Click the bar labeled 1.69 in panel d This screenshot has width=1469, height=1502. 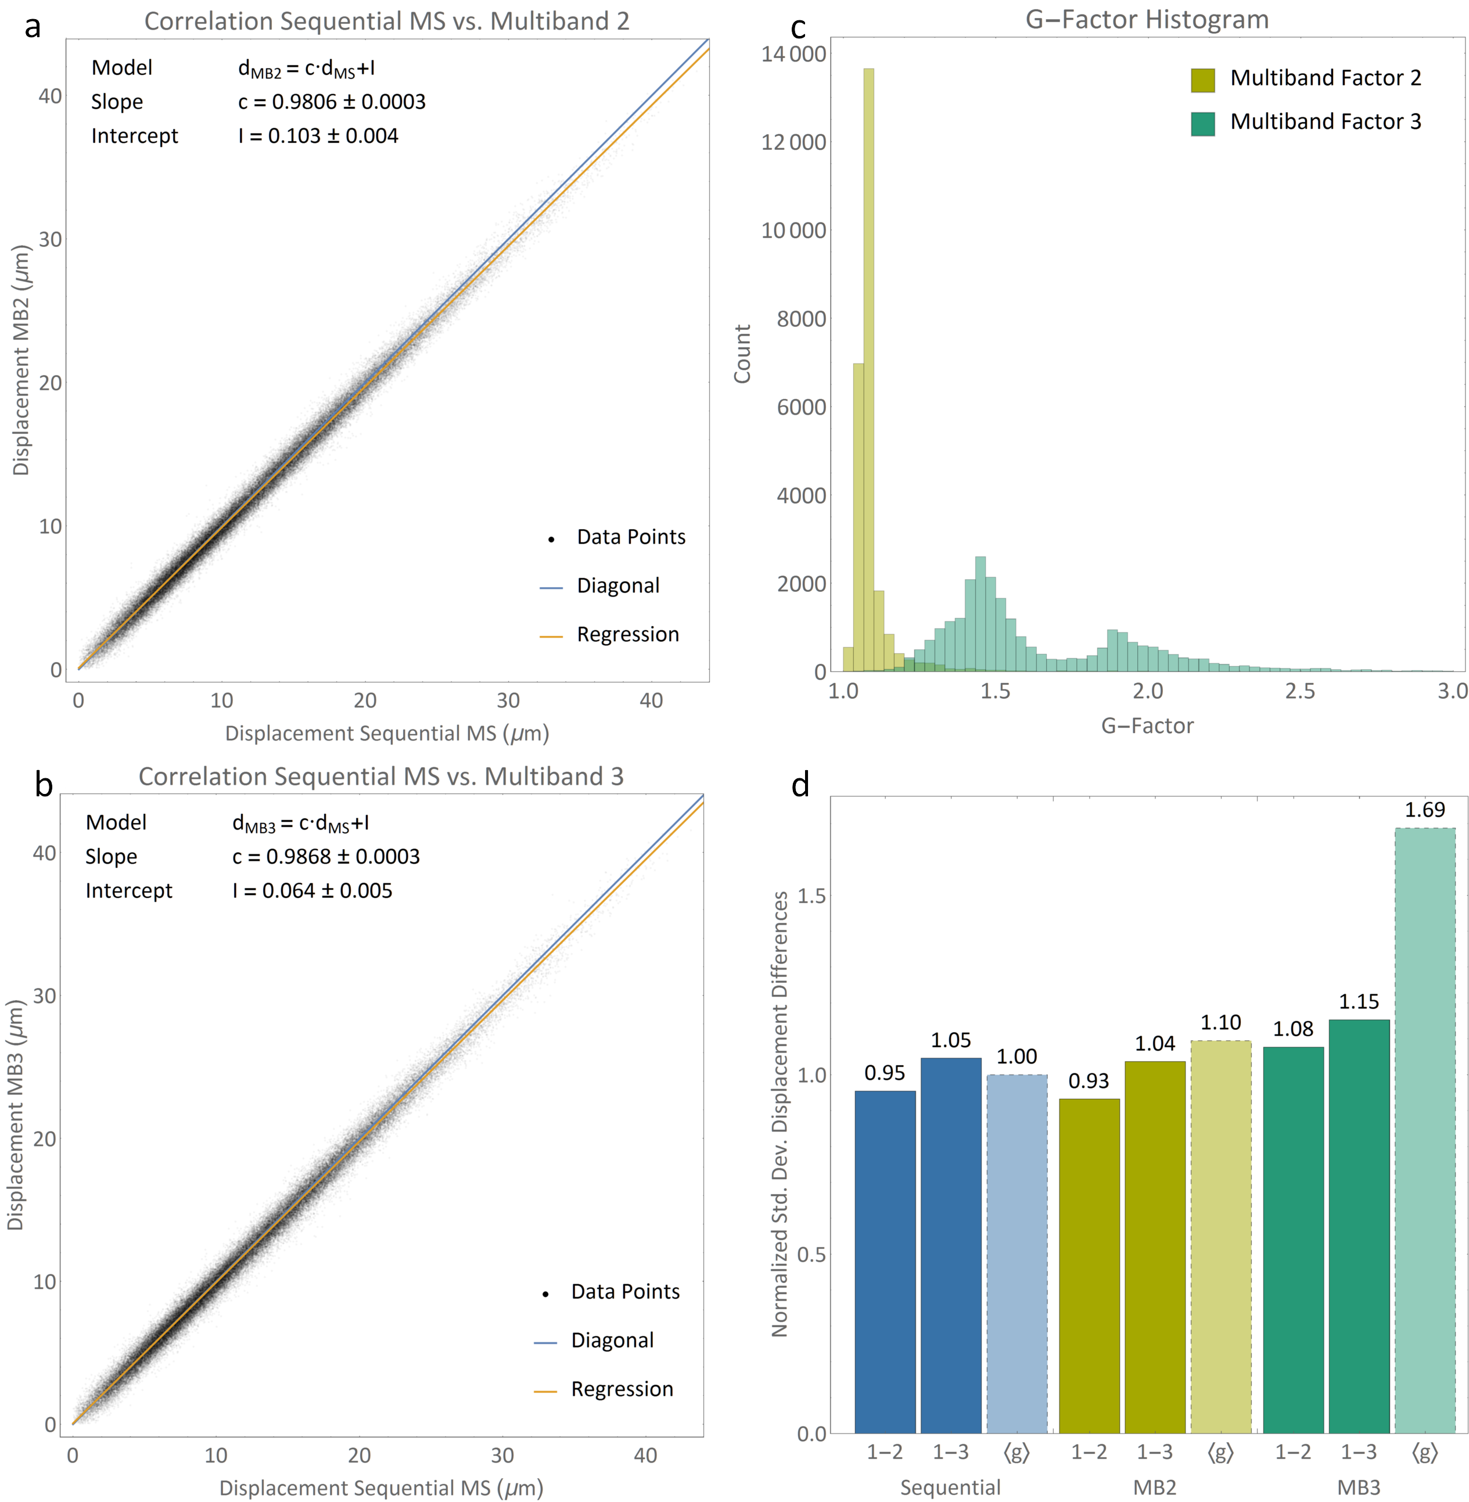tap(1424, 1130)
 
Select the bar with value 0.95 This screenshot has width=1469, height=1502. tap(885, 1262)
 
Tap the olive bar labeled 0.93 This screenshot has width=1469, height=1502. tap(1089, 1265)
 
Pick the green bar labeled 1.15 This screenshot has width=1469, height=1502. tap(1359, 1226)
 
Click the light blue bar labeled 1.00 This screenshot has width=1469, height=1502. tap(1017, 1253)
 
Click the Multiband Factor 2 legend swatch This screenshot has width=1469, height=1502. tap(1202, 80)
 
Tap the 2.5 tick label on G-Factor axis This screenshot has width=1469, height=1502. tap(1299, 691)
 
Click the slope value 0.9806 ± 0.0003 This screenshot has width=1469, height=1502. tap(332, 102)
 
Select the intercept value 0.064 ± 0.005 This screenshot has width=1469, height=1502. tap(313, 890)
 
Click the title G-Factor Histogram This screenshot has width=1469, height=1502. tap(1147, 19)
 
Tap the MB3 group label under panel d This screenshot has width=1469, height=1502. tap(1358, 1486)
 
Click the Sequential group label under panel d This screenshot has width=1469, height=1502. tap(950, 1486)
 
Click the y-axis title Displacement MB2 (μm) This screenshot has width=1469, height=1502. tap(21, 360)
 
